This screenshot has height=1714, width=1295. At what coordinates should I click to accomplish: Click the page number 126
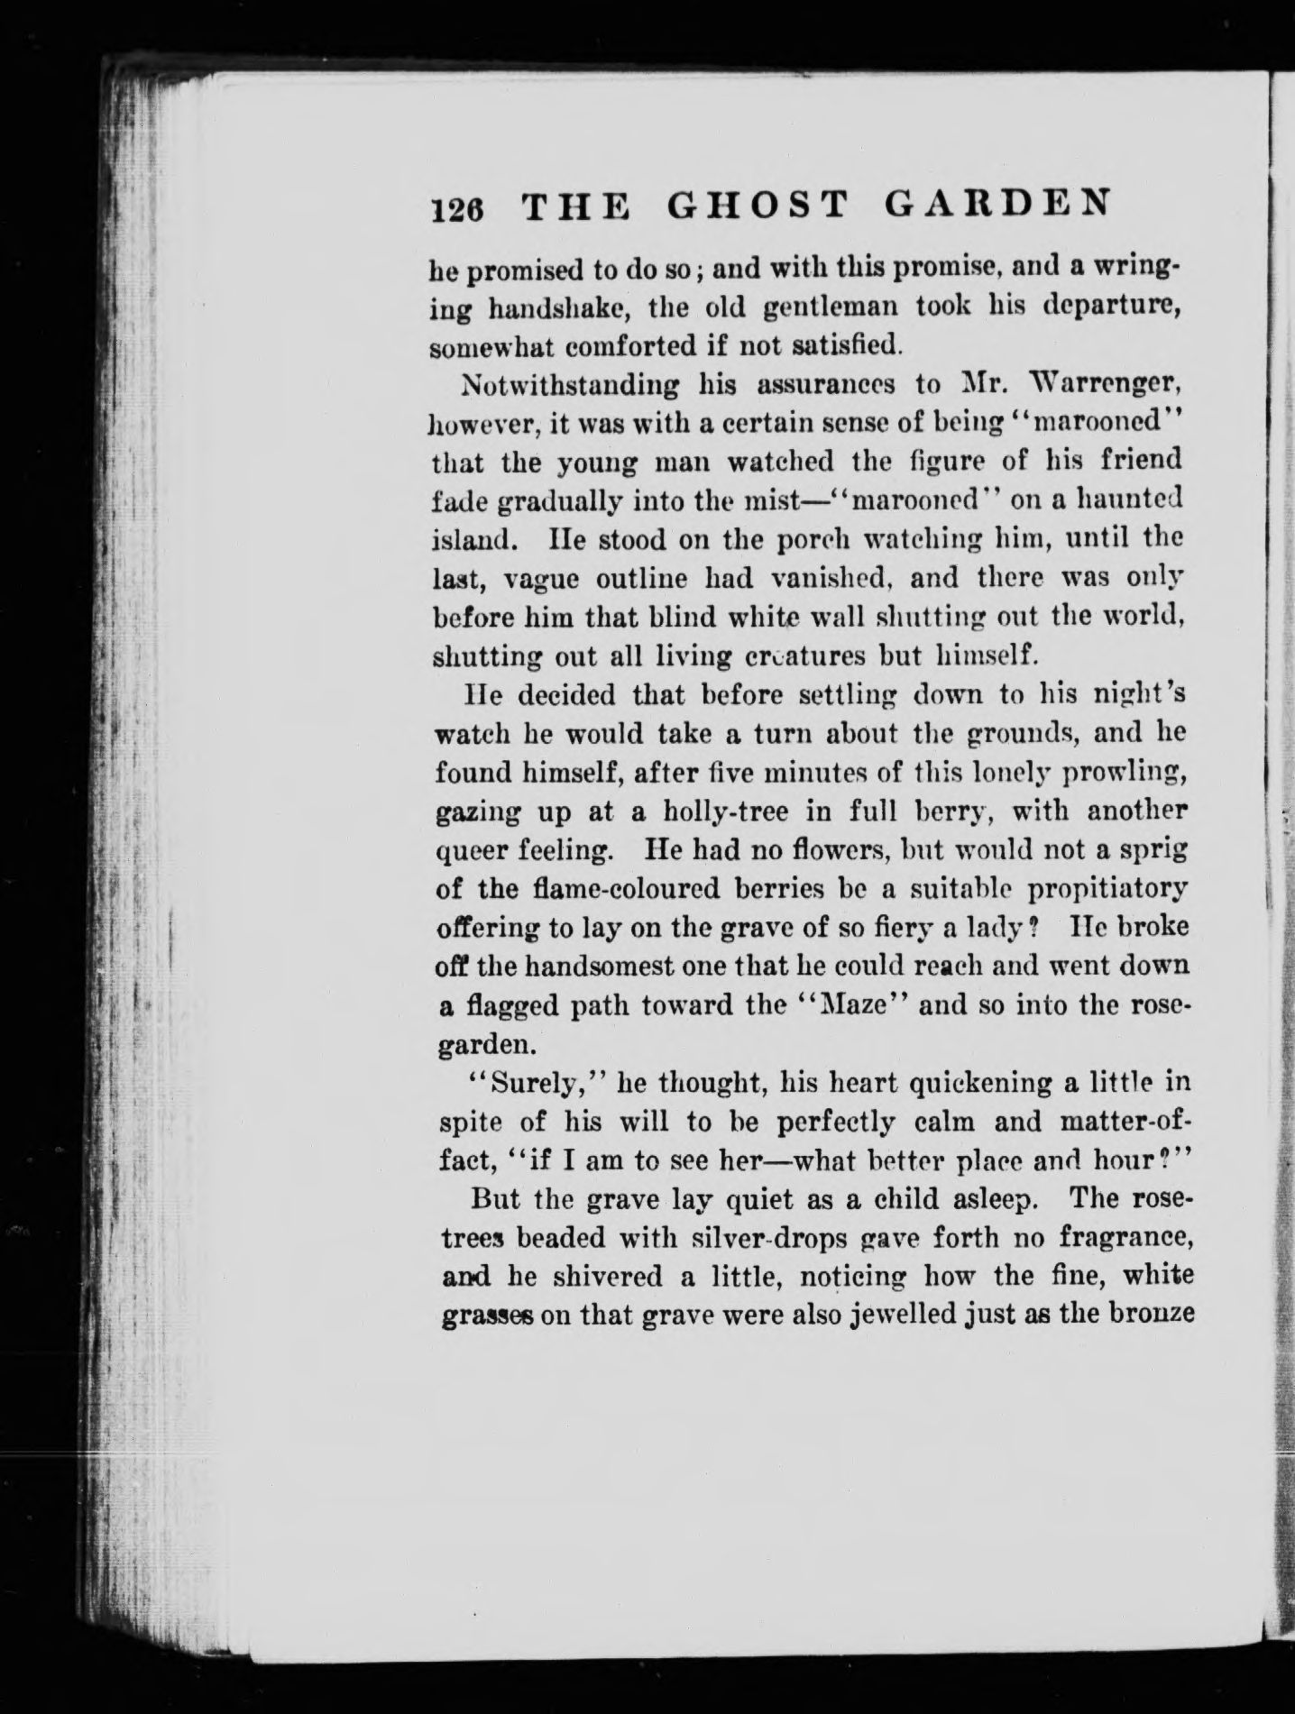[460, 210]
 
